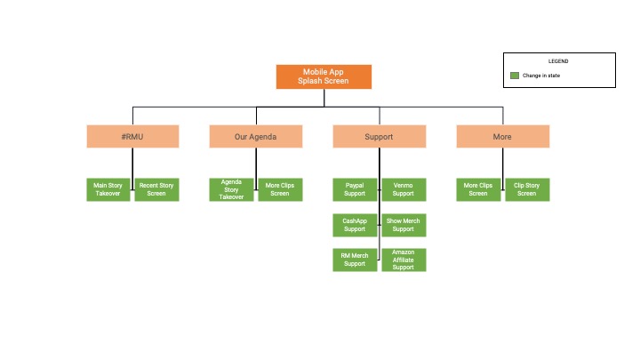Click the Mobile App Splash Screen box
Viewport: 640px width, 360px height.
324,76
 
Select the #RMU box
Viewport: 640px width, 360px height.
132,136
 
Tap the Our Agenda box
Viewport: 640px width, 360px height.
256,136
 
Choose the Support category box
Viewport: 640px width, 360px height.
380,136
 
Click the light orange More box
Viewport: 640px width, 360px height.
503,136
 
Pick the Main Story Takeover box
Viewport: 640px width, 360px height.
108,189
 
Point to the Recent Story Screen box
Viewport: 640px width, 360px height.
156,189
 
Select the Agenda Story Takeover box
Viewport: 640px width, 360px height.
231,189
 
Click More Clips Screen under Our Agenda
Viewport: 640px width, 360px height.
280,189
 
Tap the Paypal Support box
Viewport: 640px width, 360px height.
355,189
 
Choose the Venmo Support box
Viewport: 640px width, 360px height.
404,189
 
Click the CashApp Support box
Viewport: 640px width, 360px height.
355,225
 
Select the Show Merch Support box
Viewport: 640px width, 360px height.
404,225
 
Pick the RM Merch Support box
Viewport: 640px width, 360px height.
355,260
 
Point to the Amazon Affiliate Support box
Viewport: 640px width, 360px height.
404,260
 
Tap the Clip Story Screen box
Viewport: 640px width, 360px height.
527,189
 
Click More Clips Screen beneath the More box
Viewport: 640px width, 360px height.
478,189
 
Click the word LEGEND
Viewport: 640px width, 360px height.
558,61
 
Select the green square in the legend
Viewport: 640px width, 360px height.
515,76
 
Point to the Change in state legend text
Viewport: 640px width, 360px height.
541,76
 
